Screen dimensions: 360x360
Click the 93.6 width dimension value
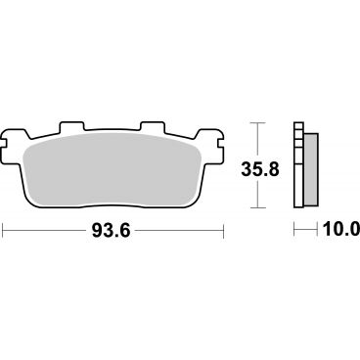coord(112,231)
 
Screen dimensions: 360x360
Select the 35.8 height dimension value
coord(260,170)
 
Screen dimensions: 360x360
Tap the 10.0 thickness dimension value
coord(341,230)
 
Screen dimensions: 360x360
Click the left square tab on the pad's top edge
coord(71,127)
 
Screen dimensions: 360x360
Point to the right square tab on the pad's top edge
coord(153,127)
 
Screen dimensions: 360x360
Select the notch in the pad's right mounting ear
coord(220,143)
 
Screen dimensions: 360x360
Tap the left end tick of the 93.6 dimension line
coord(3,231)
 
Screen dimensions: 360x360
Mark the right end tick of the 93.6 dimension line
coord(223,231)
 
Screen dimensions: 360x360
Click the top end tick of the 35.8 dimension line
coord(257,123)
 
